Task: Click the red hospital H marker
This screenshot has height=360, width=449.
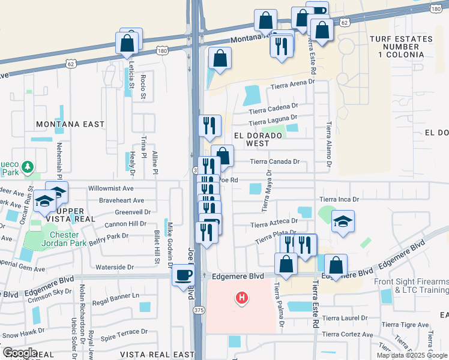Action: [241, 298]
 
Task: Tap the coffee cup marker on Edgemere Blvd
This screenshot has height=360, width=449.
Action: [183, 276]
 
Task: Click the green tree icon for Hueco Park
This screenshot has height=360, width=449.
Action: [26, 166]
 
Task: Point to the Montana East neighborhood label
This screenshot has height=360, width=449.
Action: [70, 124]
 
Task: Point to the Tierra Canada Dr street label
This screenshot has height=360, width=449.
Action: [274, 161]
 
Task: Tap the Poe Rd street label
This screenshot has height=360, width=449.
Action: [229, 179]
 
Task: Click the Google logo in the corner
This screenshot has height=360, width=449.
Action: [19, 353]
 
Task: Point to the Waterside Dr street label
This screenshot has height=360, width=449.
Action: [113, 267]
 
